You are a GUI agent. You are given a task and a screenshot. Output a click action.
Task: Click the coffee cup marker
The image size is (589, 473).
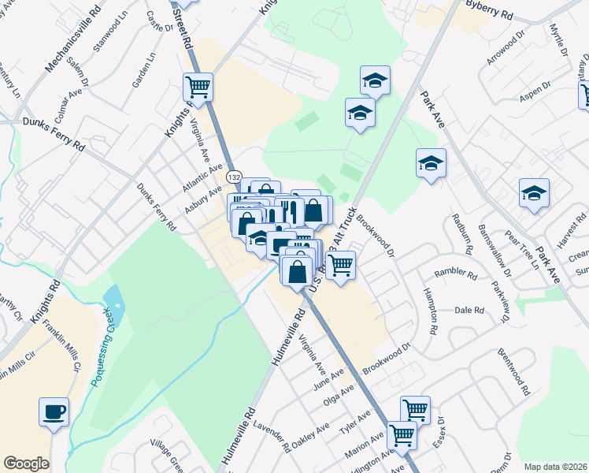(x=54, y=412)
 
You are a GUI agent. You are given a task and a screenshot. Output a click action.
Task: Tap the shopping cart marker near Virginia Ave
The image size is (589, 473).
(x=198, y=87)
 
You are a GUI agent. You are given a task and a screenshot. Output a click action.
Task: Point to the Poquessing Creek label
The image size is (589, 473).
(x=102, y=353)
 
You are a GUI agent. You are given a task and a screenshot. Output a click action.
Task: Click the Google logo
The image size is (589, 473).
(x=26, y=464)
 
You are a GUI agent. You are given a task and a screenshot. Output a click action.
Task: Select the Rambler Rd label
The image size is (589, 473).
(x=457, y=275)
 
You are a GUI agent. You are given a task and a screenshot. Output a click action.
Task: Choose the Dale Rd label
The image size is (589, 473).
(x=469, y=310)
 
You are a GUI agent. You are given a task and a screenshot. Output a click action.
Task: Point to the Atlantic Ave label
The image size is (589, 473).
(x=203, y=173)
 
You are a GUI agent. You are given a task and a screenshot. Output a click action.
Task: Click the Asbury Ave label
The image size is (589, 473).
(x=202, y=199)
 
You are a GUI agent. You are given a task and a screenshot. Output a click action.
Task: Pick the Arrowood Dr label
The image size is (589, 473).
(x=506, y=49)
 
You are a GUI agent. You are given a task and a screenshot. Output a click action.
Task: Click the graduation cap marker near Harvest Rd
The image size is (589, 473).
(x=534, y=192)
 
